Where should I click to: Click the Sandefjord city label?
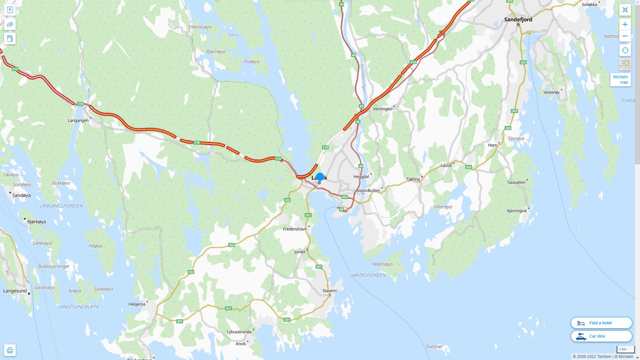point(518,19)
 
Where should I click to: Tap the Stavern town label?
point(329,291)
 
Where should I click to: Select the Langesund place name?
point(15,291)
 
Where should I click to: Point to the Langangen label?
point(78,120)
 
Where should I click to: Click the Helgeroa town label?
point(137,304)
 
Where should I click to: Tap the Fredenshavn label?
point(295,229)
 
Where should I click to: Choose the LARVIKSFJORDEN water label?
point(368,275)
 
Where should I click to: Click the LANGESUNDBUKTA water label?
point(78,307)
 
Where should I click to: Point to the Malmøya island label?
point(382,264)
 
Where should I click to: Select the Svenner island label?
point(434,347)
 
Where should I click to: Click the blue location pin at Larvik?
point(320,177)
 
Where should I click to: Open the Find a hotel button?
point(601,323)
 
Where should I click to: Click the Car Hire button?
point(601,336)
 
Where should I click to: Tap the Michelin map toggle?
point(620,80)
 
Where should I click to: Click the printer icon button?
point(10,350)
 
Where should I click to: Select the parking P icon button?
point(10,10)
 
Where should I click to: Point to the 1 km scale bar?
point(625,349)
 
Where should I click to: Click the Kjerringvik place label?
point(517,211)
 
